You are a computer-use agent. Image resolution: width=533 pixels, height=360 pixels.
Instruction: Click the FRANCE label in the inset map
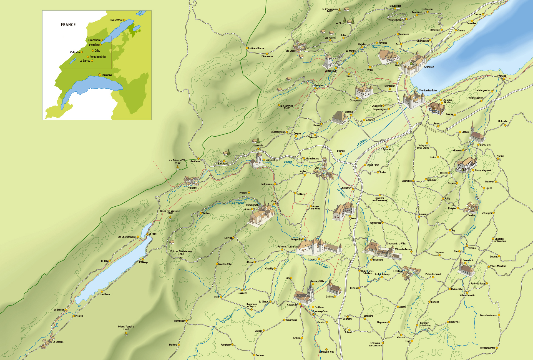click(x=68, y=25)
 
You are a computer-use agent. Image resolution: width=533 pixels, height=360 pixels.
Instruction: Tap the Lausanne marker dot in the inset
click(x=100, y=75)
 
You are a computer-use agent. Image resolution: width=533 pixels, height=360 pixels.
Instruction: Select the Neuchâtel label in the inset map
click(x=116, y=20)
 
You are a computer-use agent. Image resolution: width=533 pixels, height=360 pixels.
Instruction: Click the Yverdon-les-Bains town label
click(x=428, y=91)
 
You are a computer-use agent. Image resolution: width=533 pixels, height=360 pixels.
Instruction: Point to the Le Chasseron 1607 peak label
click(x=330, y=10)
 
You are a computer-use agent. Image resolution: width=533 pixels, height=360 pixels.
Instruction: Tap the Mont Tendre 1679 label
click(x=126, y=327)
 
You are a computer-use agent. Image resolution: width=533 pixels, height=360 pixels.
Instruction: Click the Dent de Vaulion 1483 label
click(x=170, y=212)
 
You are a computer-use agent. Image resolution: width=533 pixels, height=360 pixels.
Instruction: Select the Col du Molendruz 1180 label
click(x=181, y=252)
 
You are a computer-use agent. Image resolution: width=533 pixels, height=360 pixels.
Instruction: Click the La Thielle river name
click(x=362, y=142)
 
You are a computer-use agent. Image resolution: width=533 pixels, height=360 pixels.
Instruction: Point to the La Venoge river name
click(x=322, y=265)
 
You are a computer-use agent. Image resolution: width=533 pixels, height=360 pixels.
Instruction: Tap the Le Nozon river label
click(x=238, y=203)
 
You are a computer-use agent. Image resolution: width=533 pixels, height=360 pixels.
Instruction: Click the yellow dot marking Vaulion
click(x=201, y=213)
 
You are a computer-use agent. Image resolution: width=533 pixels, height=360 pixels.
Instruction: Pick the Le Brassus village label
click(x=58, y=342)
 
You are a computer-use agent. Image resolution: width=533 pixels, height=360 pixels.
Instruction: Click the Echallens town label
click(x=398, y=271)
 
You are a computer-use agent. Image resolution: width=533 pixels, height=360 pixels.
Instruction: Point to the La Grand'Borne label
click(x=256, y=48)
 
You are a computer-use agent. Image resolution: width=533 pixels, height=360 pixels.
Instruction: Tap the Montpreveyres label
click(x=488, y=348)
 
